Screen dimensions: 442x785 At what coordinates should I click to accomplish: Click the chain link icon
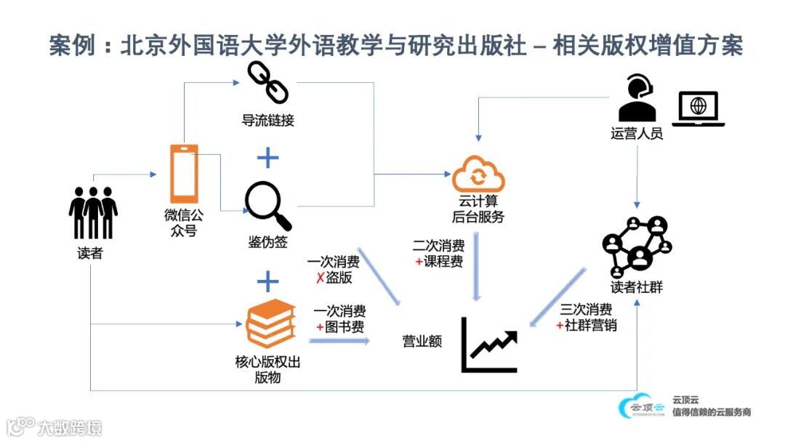click(267, 82)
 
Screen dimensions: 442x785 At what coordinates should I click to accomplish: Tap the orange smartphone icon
click(183, 174)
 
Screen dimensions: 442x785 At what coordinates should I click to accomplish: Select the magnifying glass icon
click(267, 206)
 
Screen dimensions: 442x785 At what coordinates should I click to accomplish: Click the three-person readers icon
click(93, 212)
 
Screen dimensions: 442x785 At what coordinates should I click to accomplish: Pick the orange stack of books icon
click(270, 324)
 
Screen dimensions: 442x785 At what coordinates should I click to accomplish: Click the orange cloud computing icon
click(478, 174)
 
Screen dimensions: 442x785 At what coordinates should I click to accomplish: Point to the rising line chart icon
click(489, 346)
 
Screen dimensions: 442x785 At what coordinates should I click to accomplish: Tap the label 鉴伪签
click(267, 242)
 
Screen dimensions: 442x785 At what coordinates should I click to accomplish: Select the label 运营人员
click(637, 134)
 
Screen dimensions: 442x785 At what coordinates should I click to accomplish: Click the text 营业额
click(422, 341)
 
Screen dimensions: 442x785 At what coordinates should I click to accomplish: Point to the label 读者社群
click(637, 288)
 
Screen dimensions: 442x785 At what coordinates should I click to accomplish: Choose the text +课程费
click(439, 262)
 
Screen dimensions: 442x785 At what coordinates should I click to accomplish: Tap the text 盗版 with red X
click(334, 278)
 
